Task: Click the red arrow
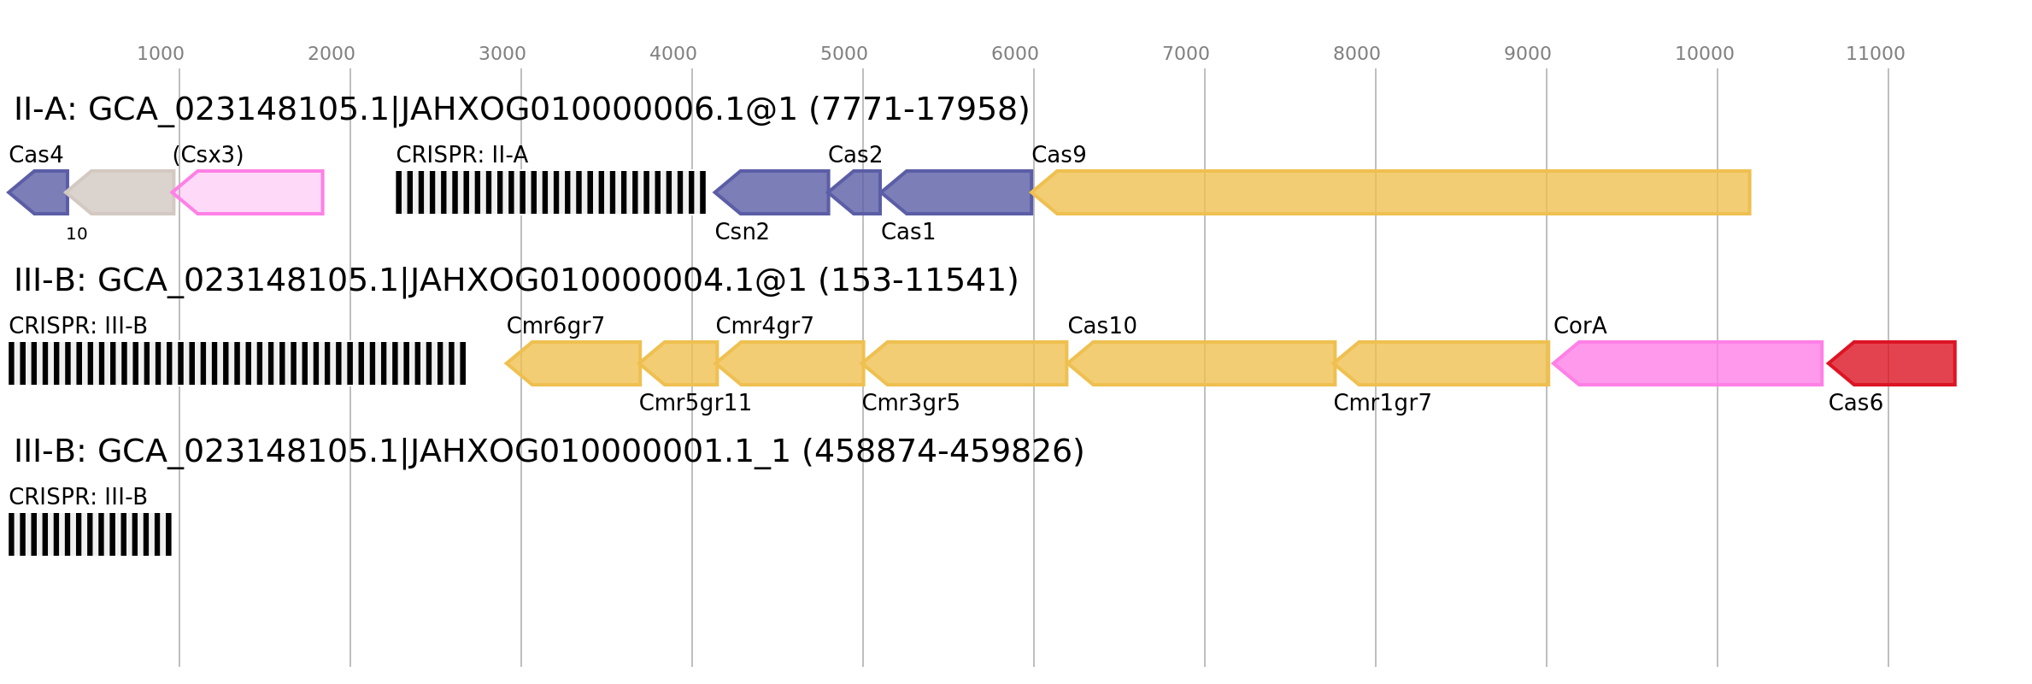point(1893,363)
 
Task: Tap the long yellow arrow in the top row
point(1393,192)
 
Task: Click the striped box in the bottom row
point(90,534)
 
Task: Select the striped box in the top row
point(550,192)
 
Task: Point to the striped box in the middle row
point(237,363)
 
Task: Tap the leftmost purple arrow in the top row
point(39,192)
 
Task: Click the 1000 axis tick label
point(161,54)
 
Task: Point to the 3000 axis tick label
point(502,54)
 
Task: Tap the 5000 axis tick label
point(844,54)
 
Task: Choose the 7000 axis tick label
point(1186,54)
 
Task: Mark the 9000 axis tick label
point(1528,54)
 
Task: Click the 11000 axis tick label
point(1876,54)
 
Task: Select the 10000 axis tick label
point(1705,54)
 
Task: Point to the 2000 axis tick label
point(332,54)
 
